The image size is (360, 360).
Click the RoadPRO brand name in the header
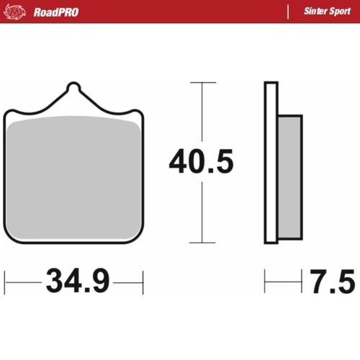(x=55, y=12)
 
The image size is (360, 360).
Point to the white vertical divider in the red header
(x=288, y=12)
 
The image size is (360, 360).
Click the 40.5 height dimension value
(x=202, y=163)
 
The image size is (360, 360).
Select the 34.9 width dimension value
(x=78, y=281)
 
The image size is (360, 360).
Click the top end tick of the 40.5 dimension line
(x=202, y=83)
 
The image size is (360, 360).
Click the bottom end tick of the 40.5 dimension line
(x=202, y=243)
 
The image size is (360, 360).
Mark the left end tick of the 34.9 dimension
(x=5, y=282)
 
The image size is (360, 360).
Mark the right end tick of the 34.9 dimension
(x=143, y=282)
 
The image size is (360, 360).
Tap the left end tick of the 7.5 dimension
(x=265, y=282)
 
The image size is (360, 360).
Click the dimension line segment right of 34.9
(x=127, y=282)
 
